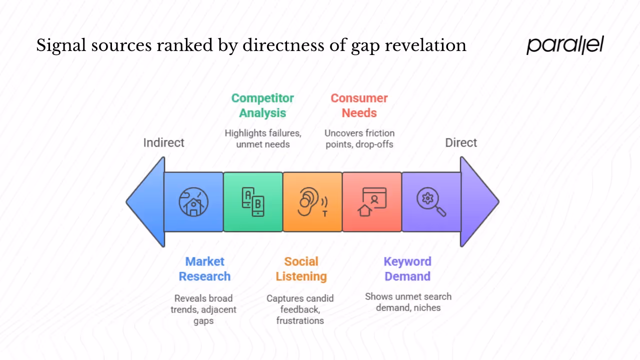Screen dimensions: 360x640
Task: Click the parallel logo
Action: coord(565,45)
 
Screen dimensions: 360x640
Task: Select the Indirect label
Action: coord(163,142)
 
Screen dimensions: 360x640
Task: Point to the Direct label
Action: coord(461,142)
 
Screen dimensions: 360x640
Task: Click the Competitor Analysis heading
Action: coord(262,105)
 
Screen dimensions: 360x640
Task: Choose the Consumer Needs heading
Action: coord(359,105)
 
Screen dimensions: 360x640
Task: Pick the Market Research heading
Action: coord(204,269)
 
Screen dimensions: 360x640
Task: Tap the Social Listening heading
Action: coord(301,269)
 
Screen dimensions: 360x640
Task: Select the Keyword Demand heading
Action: coord(407,269)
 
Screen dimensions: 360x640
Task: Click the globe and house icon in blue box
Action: coord(193,202)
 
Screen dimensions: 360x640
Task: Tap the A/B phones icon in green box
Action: coord(253,202)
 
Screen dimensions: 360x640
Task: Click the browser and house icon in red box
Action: coord(372,202)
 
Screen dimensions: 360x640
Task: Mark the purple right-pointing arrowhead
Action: coord(478,202)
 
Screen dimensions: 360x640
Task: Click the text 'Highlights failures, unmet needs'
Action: coord(262,138)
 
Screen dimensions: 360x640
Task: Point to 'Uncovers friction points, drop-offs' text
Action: coord(359,138)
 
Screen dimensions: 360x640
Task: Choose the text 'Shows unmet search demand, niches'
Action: coord(408,302)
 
